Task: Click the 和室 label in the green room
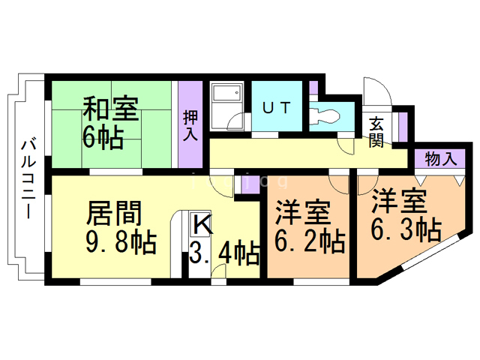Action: coord(109,110)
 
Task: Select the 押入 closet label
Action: coord(190,125)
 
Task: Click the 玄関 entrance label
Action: coord(376,132)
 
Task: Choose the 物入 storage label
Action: coord(440,159)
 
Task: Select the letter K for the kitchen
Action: coord(200,223)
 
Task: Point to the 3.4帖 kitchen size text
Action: coord(224,252)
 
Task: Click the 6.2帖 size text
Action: coord(309,241)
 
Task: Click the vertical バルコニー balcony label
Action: coord(27,178)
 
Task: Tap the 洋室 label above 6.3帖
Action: coord(400,201)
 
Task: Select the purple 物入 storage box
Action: coord(440,159)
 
